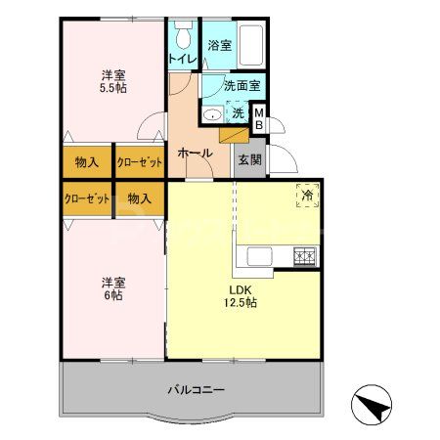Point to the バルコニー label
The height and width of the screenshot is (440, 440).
point(196,389)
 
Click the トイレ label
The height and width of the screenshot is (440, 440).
point(182,60)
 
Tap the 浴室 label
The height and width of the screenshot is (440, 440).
point(219,45)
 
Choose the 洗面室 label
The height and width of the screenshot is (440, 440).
point(242,86)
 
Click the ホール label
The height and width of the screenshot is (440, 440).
point(195,153)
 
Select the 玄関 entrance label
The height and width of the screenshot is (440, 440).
point(248,159)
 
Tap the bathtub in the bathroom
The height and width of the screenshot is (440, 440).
point(251,43)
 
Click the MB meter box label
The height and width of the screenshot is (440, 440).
point(259,119)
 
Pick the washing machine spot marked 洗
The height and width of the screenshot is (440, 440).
point(238,114)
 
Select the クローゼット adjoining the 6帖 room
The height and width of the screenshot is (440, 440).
point(86,198)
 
